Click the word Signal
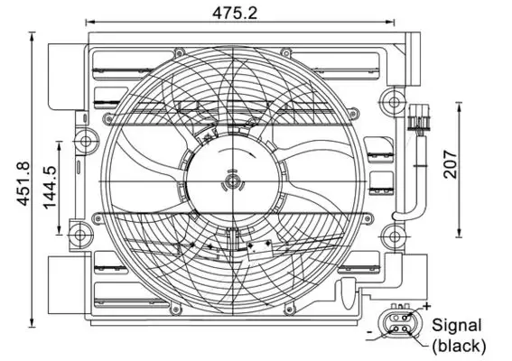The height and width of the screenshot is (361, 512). (x=457, y=325)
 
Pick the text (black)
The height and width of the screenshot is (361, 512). (x=459, y=345)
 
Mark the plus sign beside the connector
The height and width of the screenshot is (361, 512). (x=425, y=307)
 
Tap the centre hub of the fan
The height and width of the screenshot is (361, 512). (x=232, y=183)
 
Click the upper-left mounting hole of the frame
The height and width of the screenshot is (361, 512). (x=86, y=140)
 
